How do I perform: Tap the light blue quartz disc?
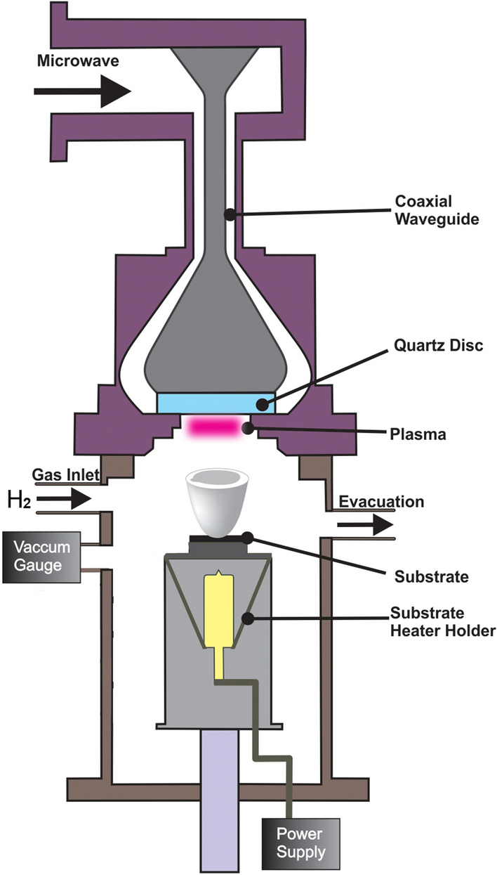[x=216, y=403]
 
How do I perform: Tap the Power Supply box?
[x=301, y=844]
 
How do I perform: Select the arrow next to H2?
[x=64, y=500]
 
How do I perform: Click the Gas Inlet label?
[x=67, y=476]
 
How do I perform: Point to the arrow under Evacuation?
[x=364, y=524]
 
